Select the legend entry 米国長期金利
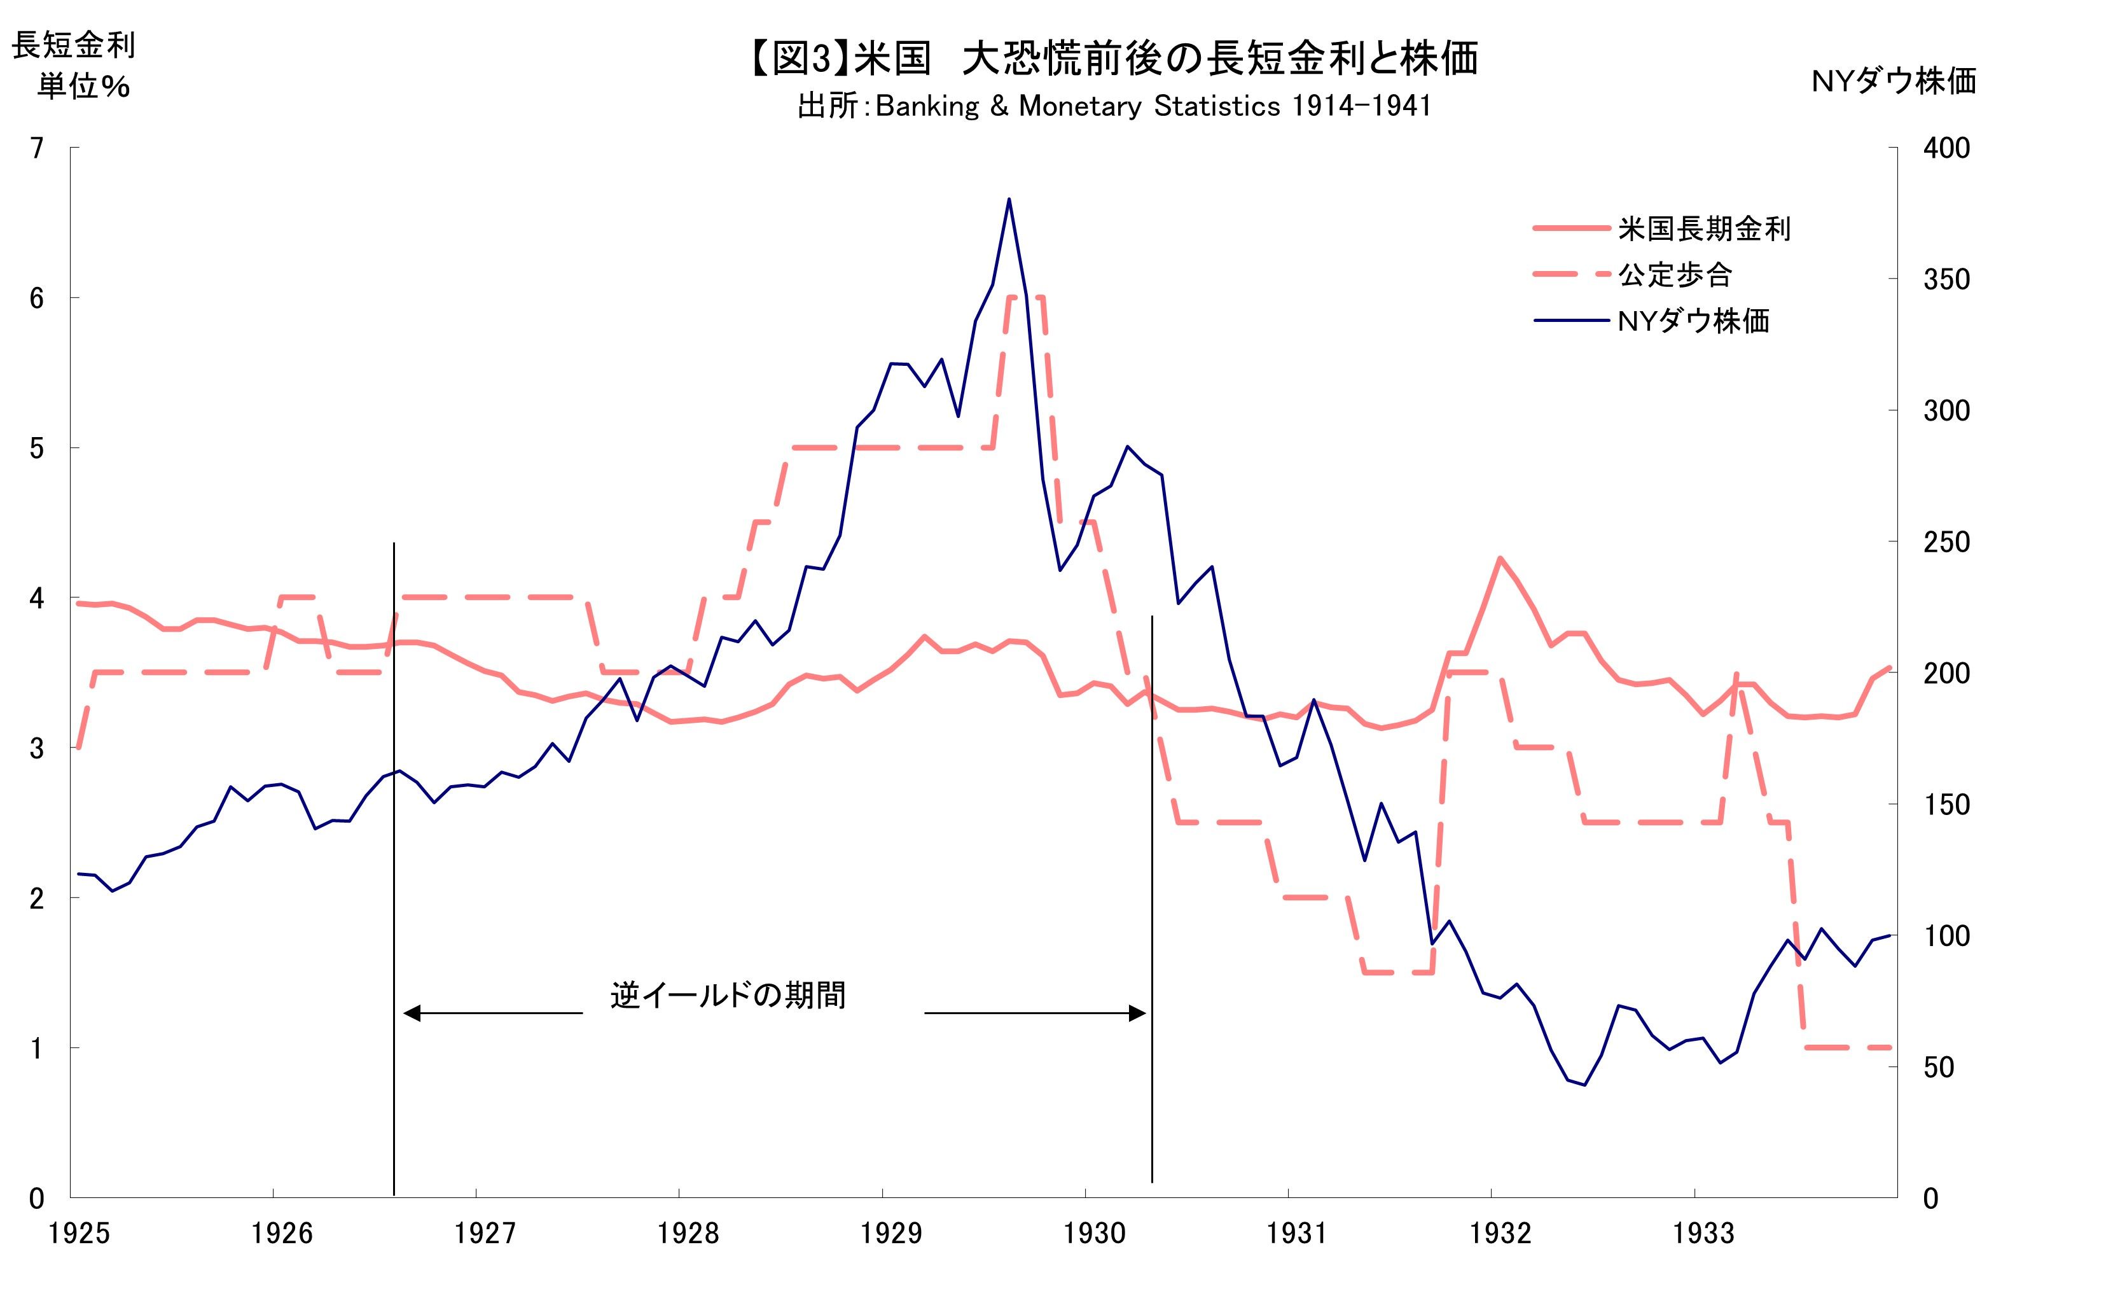[1703, 229]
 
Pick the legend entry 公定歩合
[1674, 275]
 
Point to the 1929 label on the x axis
[891, 1233]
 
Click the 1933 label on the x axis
[1703, 1233]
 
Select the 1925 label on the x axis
[79, 1233]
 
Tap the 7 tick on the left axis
[36, 148]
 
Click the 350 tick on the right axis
[1946, 279]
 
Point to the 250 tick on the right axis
[1946, 542]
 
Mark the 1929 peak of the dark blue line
[1009, 199]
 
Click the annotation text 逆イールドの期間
[727, 995]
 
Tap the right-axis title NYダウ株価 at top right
[1894, 81]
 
